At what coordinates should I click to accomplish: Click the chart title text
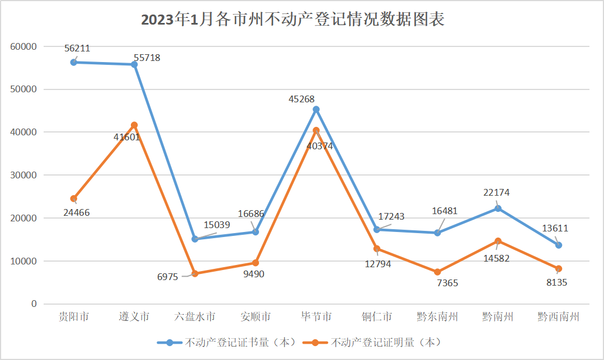(292, 20)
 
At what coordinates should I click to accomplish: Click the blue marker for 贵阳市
(74, 62)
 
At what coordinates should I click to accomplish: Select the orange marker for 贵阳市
(74, 198)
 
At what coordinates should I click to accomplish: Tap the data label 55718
(147, 58)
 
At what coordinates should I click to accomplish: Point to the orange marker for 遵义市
(134, 125)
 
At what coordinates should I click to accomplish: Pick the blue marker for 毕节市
(316, 110)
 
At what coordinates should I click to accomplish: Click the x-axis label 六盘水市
(195, 317)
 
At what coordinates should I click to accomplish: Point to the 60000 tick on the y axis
(23, 46)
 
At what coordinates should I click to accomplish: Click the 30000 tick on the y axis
(23, 175)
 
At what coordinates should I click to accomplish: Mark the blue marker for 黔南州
(498, 209)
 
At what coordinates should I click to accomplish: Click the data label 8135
(556, 283)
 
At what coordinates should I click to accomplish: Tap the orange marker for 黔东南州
(437, 272)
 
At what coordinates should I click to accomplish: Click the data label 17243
(391, 216)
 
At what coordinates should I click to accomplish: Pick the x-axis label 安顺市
(256, 317)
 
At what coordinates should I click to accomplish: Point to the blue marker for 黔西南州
(558, 245)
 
